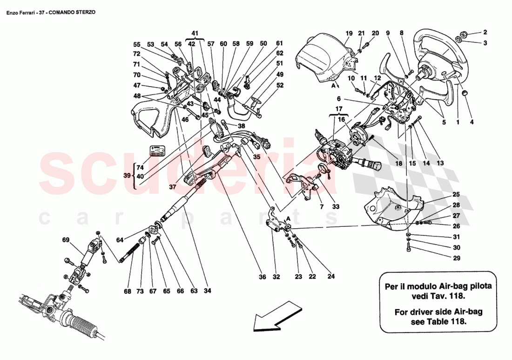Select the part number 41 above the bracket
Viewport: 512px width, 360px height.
point(195,33)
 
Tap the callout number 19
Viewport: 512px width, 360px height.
point(349,33)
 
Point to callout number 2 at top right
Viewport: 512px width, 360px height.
point(485,33)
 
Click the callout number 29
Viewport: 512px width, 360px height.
point(456,258)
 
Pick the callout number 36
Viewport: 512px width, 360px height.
point(262,277)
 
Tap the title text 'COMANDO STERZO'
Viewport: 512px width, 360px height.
point(73,12)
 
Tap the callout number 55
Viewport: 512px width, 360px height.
point(136,44)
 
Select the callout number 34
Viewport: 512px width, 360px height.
point(207,291)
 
